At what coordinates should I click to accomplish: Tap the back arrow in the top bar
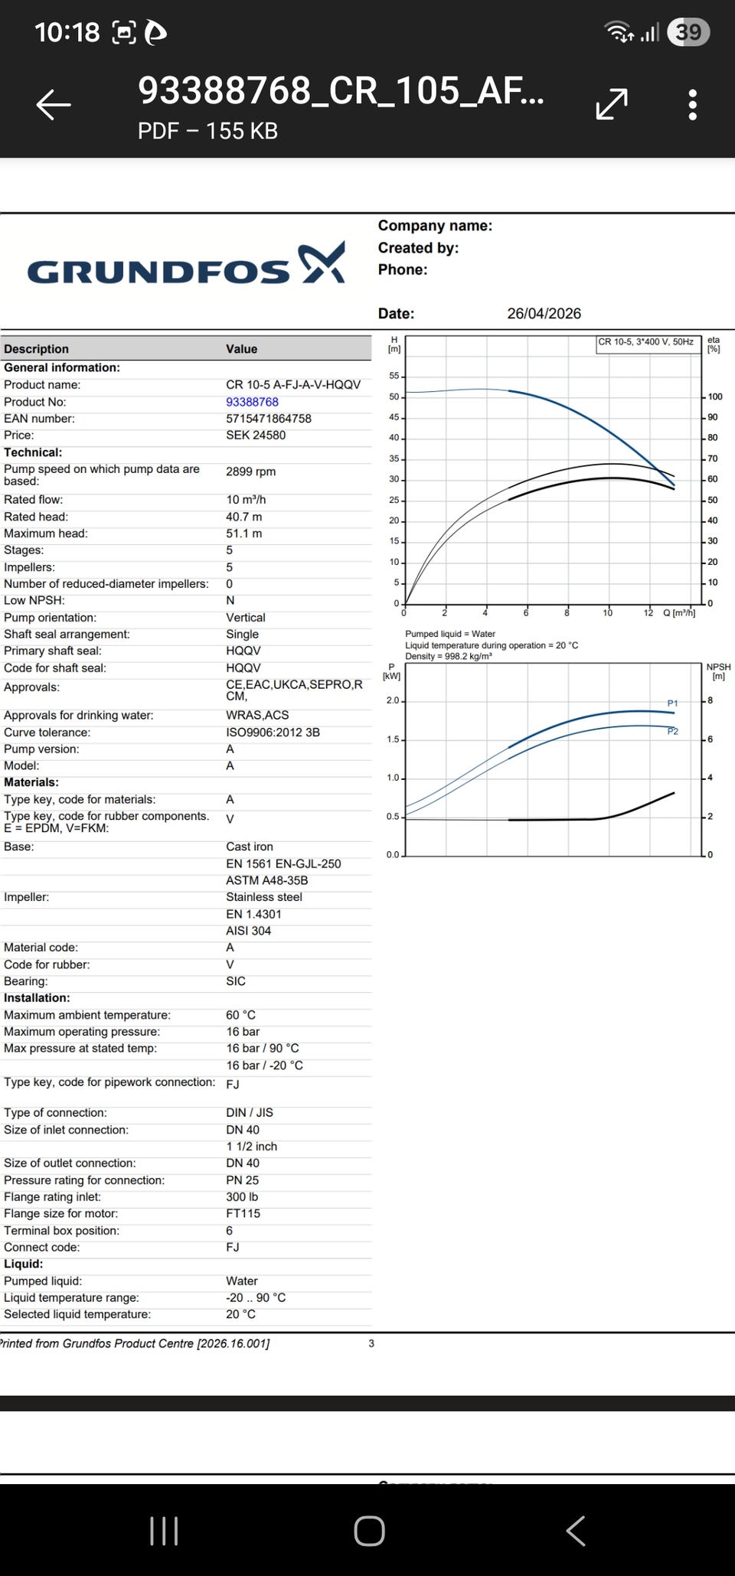[x=54, y=104]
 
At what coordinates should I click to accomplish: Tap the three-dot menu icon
[x=692, y=104]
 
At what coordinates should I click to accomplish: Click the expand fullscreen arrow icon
[x=612, y=104]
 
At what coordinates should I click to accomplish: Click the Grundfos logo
[x=186, y=265]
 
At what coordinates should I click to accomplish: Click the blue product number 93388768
[x=252, y=402]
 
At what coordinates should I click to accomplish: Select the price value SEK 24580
[x=256, y=435]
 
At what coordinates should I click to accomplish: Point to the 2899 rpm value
[x=250, y=471]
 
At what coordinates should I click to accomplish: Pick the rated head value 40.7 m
[x=244, y=517]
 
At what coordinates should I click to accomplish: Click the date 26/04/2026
[x=544, y=313]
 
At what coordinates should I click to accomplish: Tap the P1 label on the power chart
[x=672, y=703]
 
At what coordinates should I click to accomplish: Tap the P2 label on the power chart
[x=672, y=731]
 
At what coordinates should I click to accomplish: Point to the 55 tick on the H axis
[x=394, y=376]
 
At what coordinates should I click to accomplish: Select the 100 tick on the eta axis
[x=715, y=396]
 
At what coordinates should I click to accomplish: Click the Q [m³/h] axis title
[x=679, y=613]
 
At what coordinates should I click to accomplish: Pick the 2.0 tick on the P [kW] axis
[x=393, y=700]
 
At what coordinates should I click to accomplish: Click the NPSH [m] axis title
[x=718, y=671]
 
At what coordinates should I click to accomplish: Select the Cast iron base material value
[x=250, y=847]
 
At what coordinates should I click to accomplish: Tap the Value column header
[x=241, y=349]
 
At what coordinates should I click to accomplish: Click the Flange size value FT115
[x=243, y=1213]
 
